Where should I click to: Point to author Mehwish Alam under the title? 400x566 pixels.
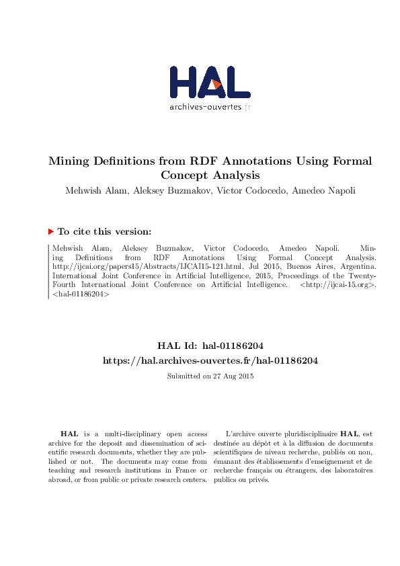coord(92,190)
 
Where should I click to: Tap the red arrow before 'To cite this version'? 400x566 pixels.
coord(51,231)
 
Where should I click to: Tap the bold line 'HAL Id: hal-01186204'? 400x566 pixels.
coord(209,347)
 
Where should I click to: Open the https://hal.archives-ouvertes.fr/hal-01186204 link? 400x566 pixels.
coord(209,360)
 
